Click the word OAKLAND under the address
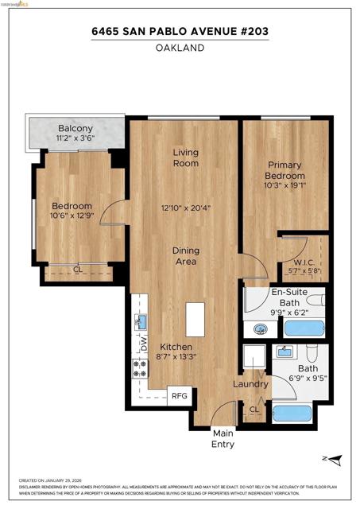click(x=180, y=48)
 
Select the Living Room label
click(x=186, y=157)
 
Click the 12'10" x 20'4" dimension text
click(x=186, y=209)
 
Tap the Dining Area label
click(x=186, y=256)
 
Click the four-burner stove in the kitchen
click(x=140, y=369)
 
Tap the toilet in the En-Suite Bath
click(x=316, y=301)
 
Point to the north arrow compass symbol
click(x=335, y=459)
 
